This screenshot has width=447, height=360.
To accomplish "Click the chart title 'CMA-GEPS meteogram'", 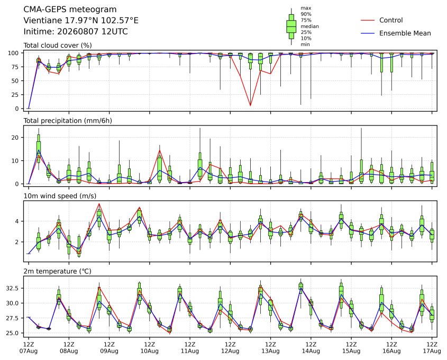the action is (x=70, y=10).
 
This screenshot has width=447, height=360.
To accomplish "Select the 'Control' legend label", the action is (x=391, y=20).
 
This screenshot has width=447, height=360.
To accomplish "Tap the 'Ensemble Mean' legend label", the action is (x=405, y=33).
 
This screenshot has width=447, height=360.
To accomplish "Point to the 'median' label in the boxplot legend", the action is (x=309, y=26).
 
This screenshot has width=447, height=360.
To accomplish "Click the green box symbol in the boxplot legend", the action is (x=291, y=26).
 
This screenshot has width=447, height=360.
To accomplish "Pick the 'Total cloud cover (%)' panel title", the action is (x=58, y=46).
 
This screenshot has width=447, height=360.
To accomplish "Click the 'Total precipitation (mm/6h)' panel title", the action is (x=68, y=121).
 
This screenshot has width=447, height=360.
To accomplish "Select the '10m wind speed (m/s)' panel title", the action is (x=60, y=196).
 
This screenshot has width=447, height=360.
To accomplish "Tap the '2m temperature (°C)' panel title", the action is (x=57, y=271).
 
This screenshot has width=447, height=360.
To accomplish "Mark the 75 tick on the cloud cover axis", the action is (x=15, y=67).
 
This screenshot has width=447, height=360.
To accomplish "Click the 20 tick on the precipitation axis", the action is (x=15, y=138).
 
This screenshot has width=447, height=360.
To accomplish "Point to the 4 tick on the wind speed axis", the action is (x=17, y=221).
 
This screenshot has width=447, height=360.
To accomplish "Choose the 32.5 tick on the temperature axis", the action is (x=13, y=288).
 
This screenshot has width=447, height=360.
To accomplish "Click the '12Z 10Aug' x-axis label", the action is (x=149, y=348).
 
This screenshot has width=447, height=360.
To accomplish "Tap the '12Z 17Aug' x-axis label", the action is (x=432, y=348).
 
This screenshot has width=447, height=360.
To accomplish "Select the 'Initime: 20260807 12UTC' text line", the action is (x=76, y=31).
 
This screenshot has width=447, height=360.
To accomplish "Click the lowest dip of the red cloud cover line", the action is (x=250, y=106).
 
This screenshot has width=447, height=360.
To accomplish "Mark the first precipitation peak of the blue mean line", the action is (x=39, y=150).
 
